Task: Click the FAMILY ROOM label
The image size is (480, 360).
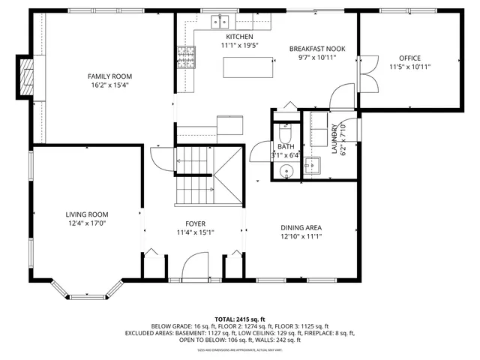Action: tap(109, 76)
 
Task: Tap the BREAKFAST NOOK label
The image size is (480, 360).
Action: tap(317, 49)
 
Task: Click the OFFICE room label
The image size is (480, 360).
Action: tap(409, 58)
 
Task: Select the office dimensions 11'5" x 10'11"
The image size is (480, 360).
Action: tap(409, 67)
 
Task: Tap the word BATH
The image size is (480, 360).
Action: tap(285, 147)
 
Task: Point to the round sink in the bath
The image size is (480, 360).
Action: tap(286, 173)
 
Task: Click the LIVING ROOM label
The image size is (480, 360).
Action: tap(87, 214)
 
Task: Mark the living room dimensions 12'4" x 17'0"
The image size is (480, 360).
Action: tap(87, 223)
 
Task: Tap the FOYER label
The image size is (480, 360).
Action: tap(195, 223)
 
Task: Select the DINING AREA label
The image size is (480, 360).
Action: tap(301, 227)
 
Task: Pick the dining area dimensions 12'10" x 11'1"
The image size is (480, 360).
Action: tap(301, 236)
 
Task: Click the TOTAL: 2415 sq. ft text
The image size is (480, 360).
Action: tap(240, 319)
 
